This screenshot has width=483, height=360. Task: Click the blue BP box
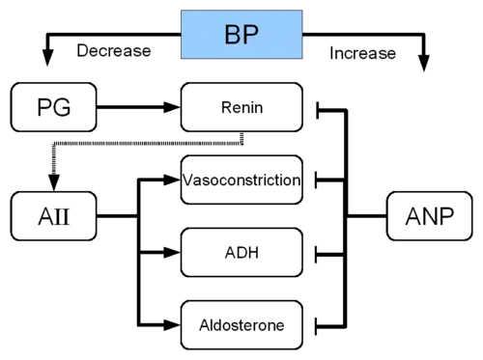point(241,35)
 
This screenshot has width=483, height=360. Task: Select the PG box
point(54,107)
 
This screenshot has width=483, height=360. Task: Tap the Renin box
point(241,107)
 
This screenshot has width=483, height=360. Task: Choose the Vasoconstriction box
point(241,180)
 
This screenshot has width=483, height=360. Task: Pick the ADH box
point(241,253)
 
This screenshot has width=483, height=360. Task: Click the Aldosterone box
point(241,325)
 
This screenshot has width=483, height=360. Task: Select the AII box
point(54,216)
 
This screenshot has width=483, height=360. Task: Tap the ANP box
point(430,216)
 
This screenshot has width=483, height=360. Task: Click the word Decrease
point(114,51)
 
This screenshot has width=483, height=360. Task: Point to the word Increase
point(362,53)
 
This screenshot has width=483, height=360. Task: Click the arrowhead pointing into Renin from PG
point(171,107)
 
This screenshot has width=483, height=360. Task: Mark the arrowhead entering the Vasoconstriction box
point(171,180)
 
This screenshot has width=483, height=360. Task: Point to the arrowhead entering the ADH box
point(171,253)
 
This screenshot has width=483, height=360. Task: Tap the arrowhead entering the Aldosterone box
point(171,325)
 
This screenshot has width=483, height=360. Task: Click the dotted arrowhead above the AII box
point(54,182)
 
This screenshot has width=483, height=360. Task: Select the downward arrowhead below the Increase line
point(424,64)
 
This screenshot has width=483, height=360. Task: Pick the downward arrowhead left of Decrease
point(48,58)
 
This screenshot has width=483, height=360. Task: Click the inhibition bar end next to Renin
point(318,110)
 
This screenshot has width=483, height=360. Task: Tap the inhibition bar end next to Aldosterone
point(316,326)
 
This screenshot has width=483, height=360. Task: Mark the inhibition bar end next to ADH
point(316,255)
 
